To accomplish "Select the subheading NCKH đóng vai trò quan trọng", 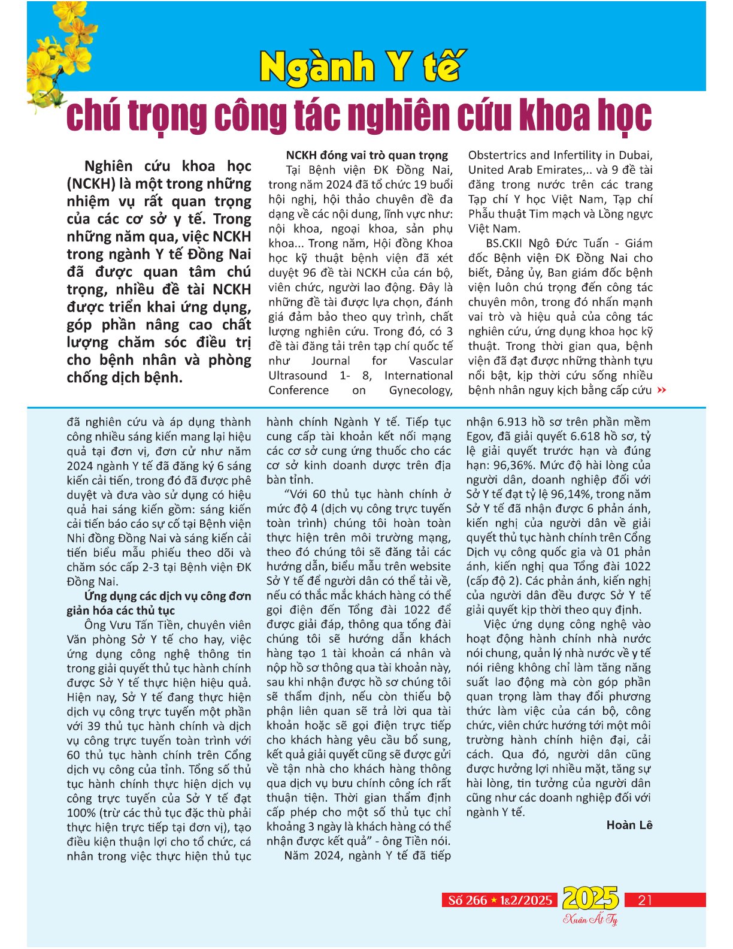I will pyautogui.click(x=366, y=155).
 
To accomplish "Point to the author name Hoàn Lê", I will pyautogui.click(x=629, y=826).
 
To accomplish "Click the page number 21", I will pyautogui.click(x=645, y=900).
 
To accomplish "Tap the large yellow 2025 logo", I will pyautogui.click(x=590, y=898).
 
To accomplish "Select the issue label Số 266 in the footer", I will pyautogui.click(x=468, y=900).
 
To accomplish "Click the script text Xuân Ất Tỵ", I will pyautogui.click(x=590, y=919).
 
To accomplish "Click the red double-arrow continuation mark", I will pyautogui.click(x=661, y=391).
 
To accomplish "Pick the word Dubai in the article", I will pyautogui.click(x=633, y=156).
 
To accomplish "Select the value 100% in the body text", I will pyautogui.click(x=81, y=813).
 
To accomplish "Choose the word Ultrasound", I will pyautogui.click(x=298, y=376).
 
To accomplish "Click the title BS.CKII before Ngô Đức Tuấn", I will pyautogui.click(x=507, y=243).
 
